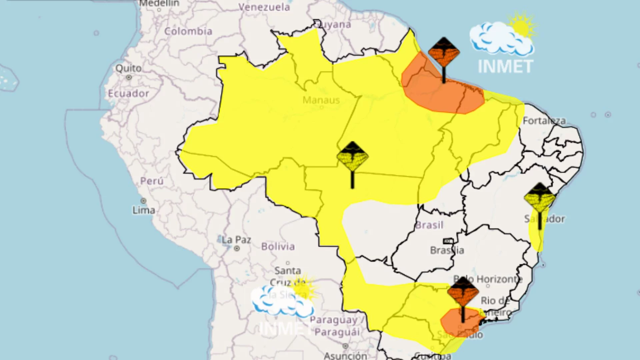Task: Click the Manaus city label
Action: (321, 100)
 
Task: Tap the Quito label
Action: (128, 68)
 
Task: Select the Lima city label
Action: (144, 210)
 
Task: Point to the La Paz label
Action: (236, 240)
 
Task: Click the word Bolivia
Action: (278, 247)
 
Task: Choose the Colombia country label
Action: (188, 31)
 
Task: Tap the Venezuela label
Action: (264, 7)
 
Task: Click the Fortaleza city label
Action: (544, 121)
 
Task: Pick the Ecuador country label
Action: (128, 93)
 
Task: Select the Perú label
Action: (152, 181)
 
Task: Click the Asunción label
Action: (345, 356)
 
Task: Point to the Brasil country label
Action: (429, 225)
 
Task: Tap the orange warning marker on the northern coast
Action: (444, 53)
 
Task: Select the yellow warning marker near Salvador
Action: (540, 199)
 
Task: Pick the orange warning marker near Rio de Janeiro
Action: (463, 292)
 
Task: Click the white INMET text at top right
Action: (505, 67)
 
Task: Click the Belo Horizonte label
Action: (488, 279)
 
